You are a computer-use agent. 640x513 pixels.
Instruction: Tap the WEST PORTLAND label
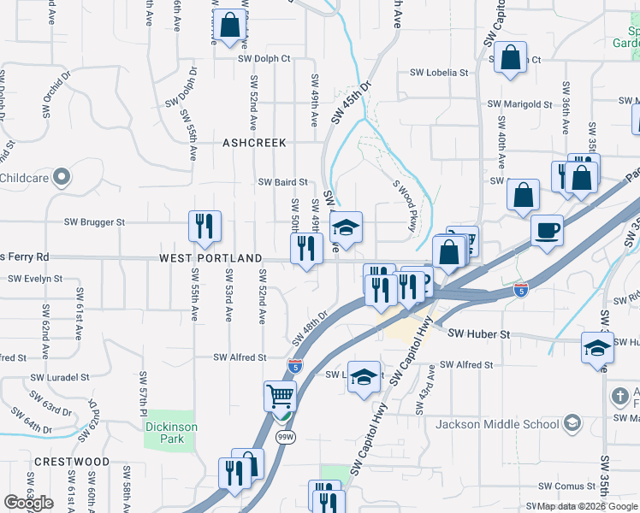[210, 257]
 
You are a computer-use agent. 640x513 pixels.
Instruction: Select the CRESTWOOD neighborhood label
[72, 462]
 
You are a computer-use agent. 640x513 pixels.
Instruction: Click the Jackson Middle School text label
[497, 424]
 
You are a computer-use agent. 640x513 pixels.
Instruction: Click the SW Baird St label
[282, 182]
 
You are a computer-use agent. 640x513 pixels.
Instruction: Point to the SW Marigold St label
[519, 104]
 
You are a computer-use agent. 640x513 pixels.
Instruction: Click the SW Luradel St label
[60, 377]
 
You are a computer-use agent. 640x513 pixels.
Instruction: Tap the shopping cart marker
[281, 397]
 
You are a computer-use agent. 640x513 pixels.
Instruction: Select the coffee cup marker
[547, 229]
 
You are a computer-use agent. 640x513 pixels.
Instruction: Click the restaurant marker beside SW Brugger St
[204, 226]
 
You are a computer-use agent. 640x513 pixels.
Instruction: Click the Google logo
[29, 503]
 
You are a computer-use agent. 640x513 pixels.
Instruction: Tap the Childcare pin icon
[61, 177]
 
